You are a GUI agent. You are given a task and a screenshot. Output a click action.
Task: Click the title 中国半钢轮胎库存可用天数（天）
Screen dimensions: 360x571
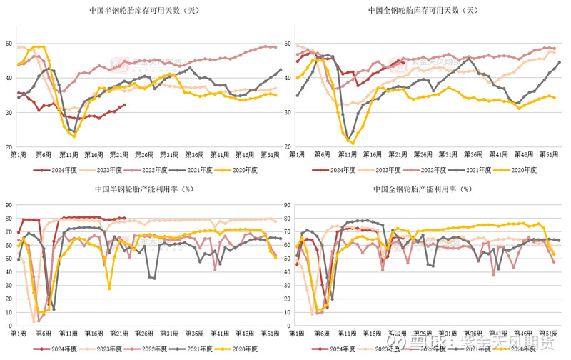coord(143,11)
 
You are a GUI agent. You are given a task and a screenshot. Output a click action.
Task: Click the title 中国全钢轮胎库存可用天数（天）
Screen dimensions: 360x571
coord(423,11)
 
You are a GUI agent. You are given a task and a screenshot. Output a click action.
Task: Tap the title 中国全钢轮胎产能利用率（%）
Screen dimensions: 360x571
coord(422,189)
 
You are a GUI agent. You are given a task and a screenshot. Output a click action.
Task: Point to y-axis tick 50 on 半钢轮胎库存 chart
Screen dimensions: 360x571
coord(8,44)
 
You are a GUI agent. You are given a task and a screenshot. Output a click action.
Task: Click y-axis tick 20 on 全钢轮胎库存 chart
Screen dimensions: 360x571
coord(287,146)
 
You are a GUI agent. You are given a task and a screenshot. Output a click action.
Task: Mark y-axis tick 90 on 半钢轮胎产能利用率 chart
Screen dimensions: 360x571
coord(8,205)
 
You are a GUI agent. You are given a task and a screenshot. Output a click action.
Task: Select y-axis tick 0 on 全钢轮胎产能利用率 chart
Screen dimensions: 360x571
coord(289,326)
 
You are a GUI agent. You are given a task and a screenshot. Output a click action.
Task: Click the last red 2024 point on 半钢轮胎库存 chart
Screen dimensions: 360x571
coord(124,105)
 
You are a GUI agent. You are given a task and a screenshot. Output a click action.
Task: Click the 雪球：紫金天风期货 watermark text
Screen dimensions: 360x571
coord(485,345)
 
